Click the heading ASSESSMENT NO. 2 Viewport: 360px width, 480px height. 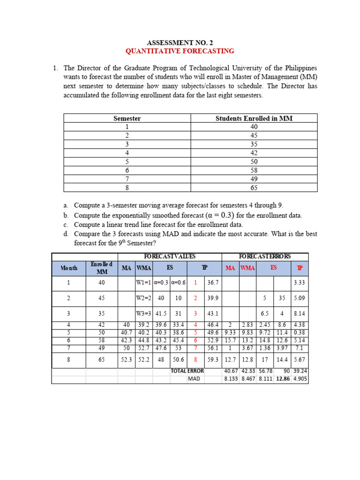[180, 42]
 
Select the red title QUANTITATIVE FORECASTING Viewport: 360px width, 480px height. [180, 51]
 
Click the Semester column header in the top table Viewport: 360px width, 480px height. [127, 119]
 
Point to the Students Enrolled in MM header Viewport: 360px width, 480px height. [254, 119]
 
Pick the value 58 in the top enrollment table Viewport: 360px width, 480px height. [254, 170]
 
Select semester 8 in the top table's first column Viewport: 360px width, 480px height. [127, 187]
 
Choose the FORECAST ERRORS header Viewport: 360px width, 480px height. [265, 256]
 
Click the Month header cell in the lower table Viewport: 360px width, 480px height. [68, 268]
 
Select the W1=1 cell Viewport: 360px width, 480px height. [143, 283]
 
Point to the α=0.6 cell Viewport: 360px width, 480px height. [179, 283]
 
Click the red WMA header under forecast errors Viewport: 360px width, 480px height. [247, 268]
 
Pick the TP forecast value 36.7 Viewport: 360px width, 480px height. [213, 283]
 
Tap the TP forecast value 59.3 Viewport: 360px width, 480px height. [213, 360]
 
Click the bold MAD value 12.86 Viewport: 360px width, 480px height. [283, 379]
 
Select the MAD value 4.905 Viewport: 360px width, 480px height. [300, 379]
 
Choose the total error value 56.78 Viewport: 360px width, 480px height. [265, 371]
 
